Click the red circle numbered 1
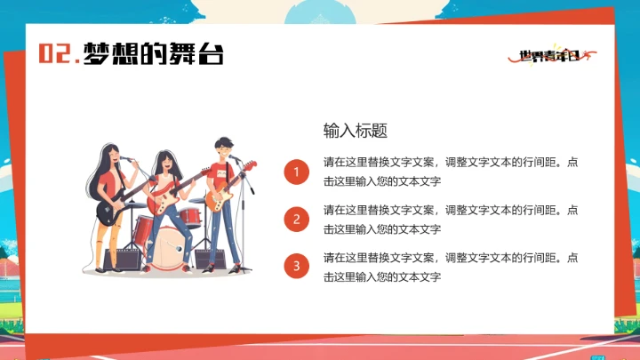pos(296,172)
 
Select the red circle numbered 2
pos(296,219)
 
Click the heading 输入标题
pos(355,131)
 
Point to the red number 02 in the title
pos(55,54)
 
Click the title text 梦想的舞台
pos(153,54)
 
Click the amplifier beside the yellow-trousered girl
pos(123,259)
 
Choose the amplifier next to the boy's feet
pos(210,258)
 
